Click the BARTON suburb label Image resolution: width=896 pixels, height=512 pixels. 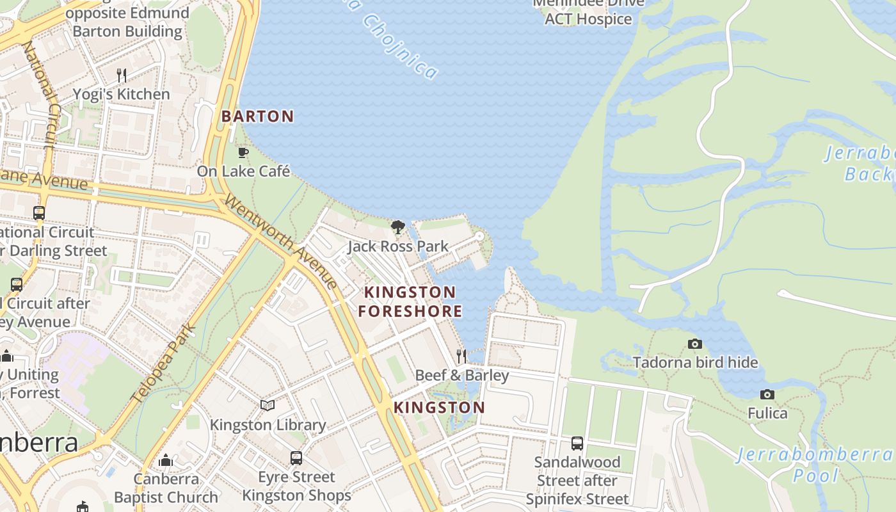tap(257, 116)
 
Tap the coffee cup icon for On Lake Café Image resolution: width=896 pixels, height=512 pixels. tap(243, 152)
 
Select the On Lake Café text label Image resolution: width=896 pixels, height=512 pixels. tap(243, 172)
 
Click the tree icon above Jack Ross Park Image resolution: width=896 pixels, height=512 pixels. tap(398, 227)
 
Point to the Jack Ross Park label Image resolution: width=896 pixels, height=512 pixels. tap(398, 246)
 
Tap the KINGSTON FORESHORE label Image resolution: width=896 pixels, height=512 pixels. tap(410, 301)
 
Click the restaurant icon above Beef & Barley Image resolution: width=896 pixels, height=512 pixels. tap(461, 356)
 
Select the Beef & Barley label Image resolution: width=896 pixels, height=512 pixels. tap(461, 375)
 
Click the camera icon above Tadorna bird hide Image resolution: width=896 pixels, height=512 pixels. tap(695, 344)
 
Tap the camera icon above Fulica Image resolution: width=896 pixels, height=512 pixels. tap(767, 394)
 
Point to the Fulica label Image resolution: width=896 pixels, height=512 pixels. tap(767, 413)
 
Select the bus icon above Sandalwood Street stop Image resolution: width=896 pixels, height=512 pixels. tap(577, 443)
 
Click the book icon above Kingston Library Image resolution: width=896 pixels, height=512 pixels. tap(268, 406)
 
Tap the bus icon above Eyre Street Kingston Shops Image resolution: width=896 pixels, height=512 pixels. tap(296, 458)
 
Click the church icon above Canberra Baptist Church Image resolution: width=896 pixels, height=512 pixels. tap(166, 460)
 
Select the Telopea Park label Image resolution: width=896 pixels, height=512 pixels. tap(163, 362)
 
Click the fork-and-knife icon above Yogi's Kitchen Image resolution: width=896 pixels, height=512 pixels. tap(122, 76)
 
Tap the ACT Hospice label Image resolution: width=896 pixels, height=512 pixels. tap(588, 19)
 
